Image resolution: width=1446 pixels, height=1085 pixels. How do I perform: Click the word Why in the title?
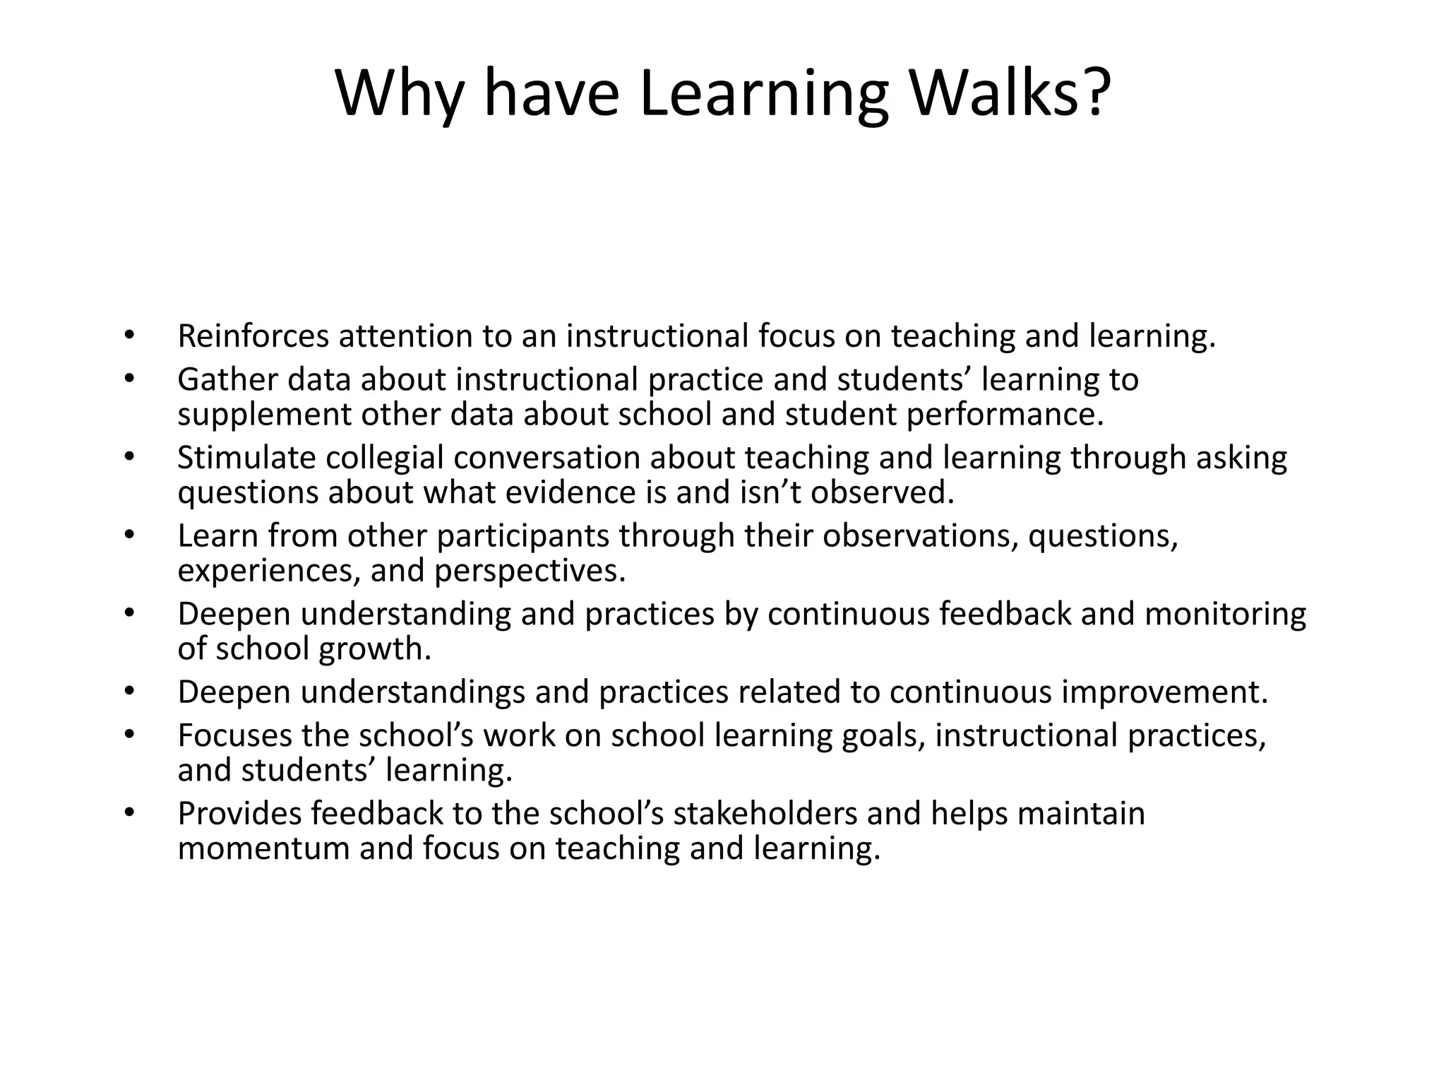point(400,93)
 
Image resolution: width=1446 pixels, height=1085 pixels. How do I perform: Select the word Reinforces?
point(253,336)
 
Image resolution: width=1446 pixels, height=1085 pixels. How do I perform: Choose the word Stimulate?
point(246,458)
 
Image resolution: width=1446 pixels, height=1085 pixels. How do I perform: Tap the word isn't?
point(770,492)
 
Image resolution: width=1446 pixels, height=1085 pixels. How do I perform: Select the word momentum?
point(263,848)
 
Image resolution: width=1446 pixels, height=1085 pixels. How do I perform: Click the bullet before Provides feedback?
point(128,814)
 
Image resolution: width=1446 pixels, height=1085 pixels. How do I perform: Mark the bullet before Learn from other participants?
point(128,536)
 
